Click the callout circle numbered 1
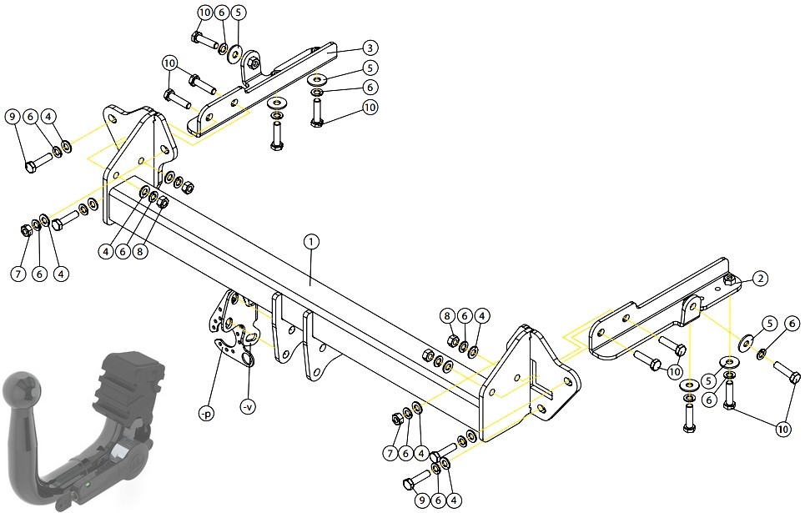pyautogui.click(x=311, y=242)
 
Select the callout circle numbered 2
pyautogui.click(x=760, y=279)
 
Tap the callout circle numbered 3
pyautogui.click(x=370, y=48)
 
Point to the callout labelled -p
pyautogui.click(x=206, y=413)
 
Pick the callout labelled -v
pyautogui.click(x=248, y=407)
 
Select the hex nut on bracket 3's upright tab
pyautogui.click(x=252, y=63)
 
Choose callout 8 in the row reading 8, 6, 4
pyautogui.click(x=447, y=316)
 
